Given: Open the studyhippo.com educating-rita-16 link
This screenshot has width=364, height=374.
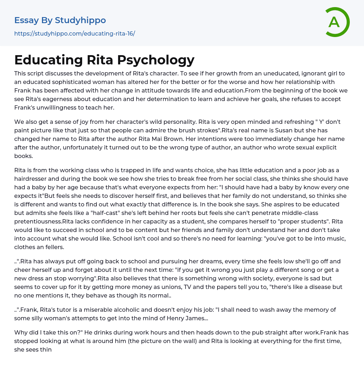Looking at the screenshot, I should (75, 33).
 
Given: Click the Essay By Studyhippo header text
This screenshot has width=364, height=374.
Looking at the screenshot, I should (60, 20).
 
